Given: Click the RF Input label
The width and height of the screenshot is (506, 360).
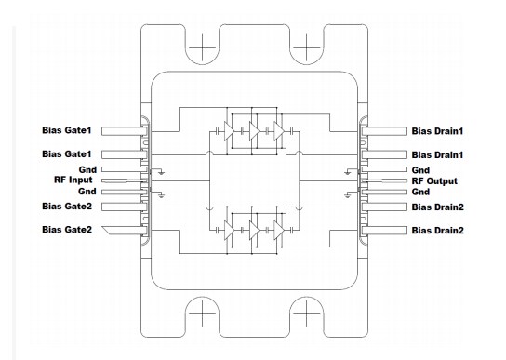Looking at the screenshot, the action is (73, 180).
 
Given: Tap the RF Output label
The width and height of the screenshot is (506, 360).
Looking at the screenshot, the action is (434, 181).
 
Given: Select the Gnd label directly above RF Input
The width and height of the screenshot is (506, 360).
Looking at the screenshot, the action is (87, 170).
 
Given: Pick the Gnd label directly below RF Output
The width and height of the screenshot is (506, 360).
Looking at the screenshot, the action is (420, 192).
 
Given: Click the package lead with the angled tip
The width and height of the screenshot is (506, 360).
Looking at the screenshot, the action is (125, 230).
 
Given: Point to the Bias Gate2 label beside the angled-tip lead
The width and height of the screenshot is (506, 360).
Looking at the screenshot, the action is (67, 230).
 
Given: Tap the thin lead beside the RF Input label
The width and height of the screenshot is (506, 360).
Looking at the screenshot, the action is (125, 180).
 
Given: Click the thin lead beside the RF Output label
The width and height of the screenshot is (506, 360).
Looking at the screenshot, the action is (384, 180).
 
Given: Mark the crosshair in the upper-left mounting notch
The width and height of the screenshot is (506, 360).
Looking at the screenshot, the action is (203, 47).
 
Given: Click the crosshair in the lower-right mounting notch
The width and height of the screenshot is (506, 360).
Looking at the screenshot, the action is (306, 313).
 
